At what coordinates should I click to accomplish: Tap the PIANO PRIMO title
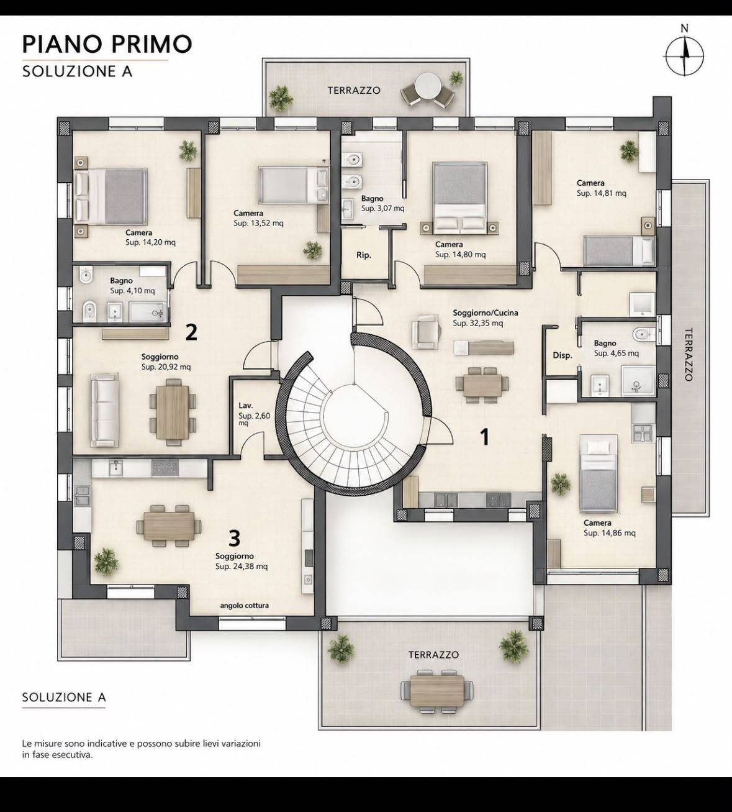click(x=107, y=44)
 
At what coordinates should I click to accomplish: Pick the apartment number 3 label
click(x=235, y=539)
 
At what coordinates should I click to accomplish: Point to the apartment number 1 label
click(x=484, y=437)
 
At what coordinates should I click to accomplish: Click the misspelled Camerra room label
click(x=248, y=213)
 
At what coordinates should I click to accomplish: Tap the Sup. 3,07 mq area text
click(x=383, y=209)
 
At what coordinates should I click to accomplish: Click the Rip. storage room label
click(x=364, y=255)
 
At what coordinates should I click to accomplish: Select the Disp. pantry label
click(x=563, y=355)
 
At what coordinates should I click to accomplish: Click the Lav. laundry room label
click(x=246, y=406)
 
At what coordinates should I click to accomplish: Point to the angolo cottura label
click(x=245, y=606)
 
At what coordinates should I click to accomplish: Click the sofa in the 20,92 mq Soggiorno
click(x=104, y=410)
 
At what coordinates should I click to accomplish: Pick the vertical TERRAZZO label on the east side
click(x=689, y=354)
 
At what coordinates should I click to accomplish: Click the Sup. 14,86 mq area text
click(x=610, y=533)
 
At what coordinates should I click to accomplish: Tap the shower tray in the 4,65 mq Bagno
click(x=638, y=380)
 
